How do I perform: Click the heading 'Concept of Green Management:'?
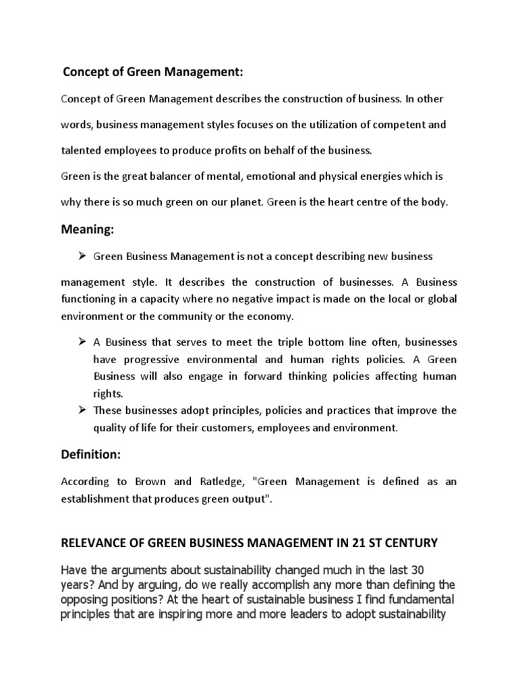pyautogui.click(x=152, y=71)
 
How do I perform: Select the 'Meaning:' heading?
pyautogui.click(x=88, y=230)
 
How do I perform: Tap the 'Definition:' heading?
pyautogui.click(x=91, y=455)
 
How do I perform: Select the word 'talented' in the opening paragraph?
pyautogui.click(x=81, y=150)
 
